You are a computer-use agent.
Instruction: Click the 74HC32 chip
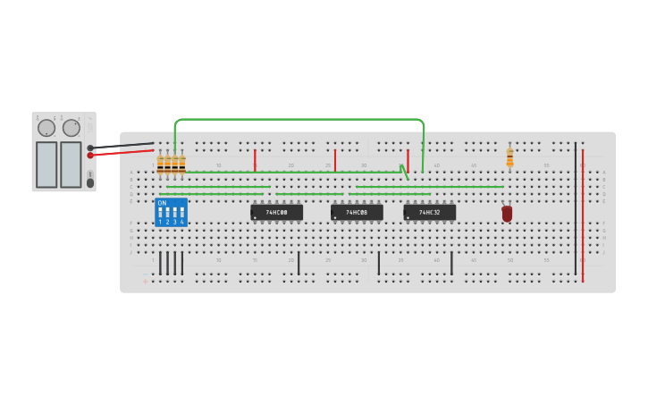pyautogui.click(x=430, y=213)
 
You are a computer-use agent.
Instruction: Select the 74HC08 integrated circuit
pyautogui.click(x=357, y=213)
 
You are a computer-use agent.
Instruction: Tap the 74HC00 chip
pyautogui.click(x=276, y=213)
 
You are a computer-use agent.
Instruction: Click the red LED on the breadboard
pyautogui.click(x=507, y=214)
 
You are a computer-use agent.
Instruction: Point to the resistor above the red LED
pyautogui.click(x=509, y=157)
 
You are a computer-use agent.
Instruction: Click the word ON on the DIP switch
pyautogui.click(x=162, y=203)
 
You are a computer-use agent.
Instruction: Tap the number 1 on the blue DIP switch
pyautogui.click(x=161, y=222)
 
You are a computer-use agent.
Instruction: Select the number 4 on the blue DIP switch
pyautogui.click(x=182, y=222)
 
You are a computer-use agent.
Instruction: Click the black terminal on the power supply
pyautogui.click(x=90, y=148)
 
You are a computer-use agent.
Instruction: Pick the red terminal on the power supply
pyautogui.click(x=90, y=156)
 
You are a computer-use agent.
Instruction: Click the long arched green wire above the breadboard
pyautogui.click(x=299, y=119)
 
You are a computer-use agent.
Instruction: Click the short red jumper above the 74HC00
pyautogui.click(x=255, y=160)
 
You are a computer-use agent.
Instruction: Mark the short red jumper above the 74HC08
pyautogui.click(x=335, y=160)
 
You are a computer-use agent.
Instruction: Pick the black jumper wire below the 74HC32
pyautogui.click(x=451, y=263)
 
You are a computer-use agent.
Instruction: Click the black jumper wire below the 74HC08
pyautogui.click(x=378, y=263)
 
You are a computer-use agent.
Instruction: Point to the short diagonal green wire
pyautogui.click(x=404, y=172)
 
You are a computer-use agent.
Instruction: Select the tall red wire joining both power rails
pyautogui.click(x=583, y=215)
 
